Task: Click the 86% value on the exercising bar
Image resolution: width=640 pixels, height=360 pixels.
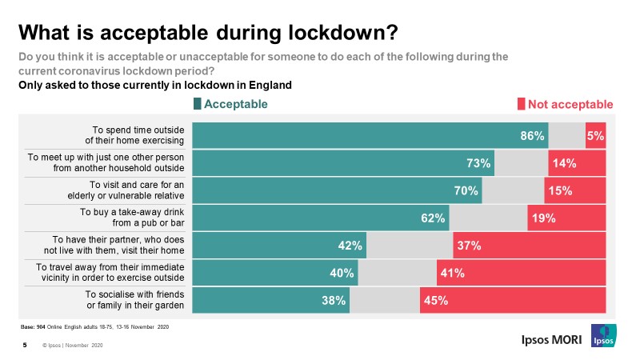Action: [532, 136]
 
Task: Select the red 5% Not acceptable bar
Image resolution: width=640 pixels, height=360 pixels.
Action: [595, 136]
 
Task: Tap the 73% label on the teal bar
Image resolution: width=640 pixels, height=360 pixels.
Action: [478, 163]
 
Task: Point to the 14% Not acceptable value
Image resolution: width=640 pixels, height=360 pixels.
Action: [565, 163]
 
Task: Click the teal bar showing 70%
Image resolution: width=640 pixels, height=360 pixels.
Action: [336, 190]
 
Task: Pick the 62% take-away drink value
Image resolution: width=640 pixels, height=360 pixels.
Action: [434, 218]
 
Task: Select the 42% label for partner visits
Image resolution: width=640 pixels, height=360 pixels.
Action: [350, 246]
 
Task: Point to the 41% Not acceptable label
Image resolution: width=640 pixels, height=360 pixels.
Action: [451, 273]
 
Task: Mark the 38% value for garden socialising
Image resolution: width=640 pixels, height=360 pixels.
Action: [334, 300]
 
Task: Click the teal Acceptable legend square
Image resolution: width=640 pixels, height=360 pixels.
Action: [198, 104]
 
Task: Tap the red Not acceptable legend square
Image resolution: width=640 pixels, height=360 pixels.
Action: [521, 104]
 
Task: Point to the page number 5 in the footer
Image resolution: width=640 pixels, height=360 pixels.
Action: [24, 346]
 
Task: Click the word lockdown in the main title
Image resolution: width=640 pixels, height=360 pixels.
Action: [327, 33]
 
